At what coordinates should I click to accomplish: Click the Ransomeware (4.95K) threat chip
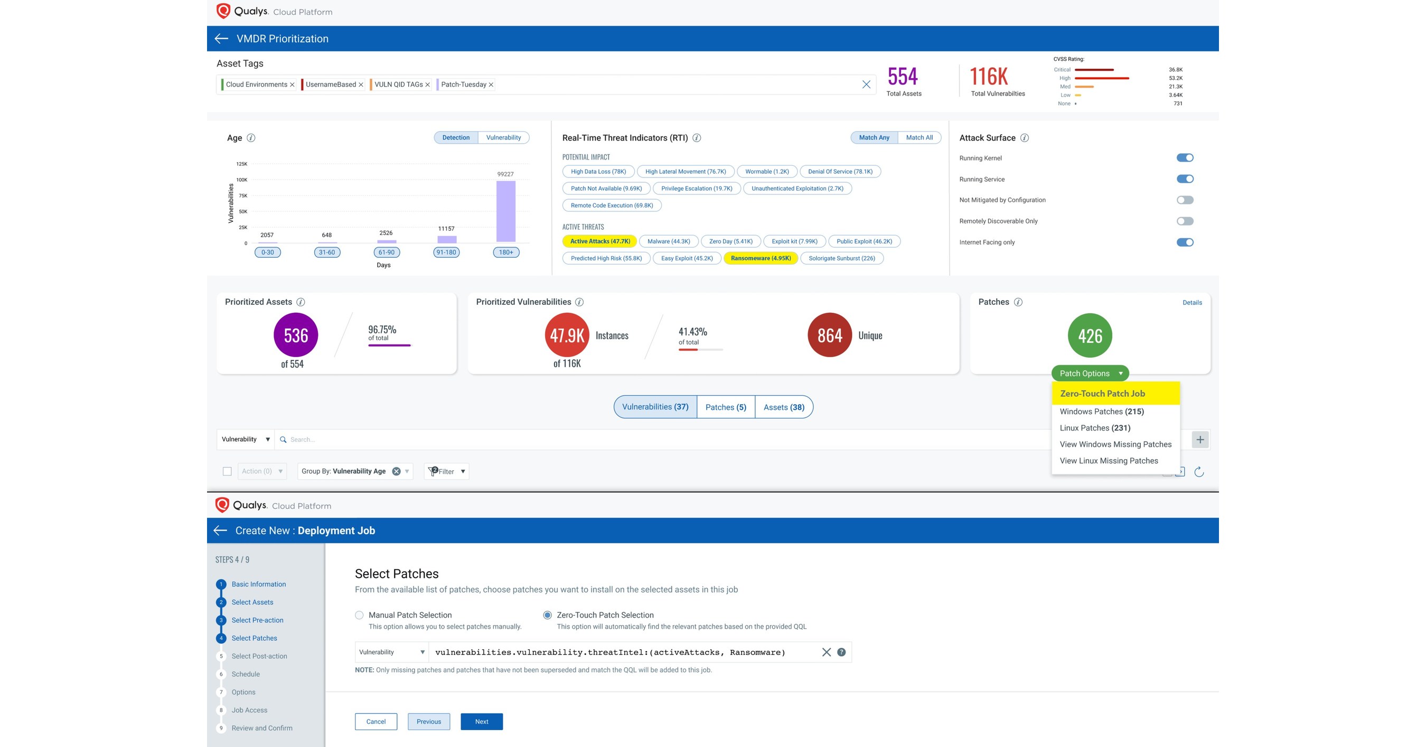[760, 258]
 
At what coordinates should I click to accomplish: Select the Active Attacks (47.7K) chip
[599, 241]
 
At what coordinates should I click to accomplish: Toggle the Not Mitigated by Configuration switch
[1184, 200]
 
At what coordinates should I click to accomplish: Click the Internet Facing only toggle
[1184, 242]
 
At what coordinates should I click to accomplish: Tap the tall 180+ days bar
[505, 211]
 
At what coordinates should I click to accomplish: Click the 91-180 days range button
[446, 253]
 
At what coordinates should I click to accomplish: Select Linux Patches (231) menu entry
[1094, 428]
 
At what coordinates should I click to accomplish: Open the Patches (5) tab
[725, 407]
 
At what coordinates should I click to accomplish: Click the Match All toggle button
[919, 137]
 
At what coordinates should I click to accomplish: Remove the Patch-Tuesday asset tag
[491, 85]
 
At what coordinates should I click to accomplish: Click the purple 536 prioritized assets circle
[296, 335]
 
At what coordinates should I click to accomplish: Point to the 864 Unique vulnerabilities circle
[829, 335]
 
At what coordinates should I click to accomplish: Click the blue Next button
[481, 722]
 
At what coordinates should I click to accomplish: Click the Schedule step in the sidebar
[245, 674]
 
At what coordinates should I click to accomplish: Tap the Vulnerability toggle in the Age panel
[503, 137]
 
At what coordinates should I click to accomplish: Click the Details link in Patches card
[1192, 303]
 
